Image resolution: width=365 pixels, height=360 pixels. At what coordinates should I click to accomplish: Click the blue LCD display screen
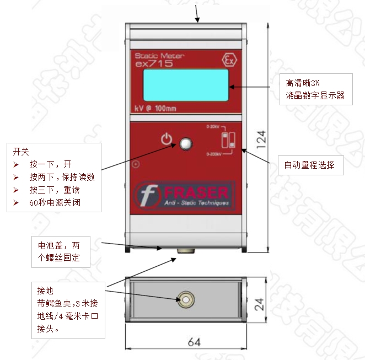(186, 86)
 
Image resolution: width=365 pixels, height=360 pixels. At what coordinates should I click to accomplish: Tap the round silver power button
(186, 144)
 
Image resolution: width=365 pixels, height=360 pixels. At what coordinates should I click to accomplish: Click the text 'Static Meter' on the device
(160, 56)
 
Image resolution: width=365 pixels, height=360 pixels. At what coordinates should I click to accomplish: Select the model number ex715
(154, 64)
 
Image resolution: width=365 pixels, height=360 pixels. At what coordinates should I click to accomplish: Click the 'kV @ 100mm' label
(155, 108)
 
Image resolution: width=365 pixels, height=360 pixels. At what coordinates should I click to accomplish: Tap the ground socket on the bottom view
(186, 300)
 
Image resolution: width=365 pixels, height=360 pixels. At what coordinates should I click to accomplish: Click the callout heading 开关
(21, 151)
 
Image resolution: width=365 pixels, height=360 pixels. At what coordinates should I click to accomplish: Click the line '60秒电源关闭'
(58, 202)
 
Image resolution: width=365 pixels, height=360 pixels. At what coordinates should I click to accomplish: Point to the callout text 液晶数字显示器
(315, 95)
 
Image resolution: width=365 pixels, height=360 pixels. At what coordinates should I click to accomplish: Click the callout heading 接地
(45, 290)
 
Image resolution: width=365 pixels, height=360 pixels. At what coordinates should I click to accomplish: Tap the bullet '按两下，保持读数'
(62, 177)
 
